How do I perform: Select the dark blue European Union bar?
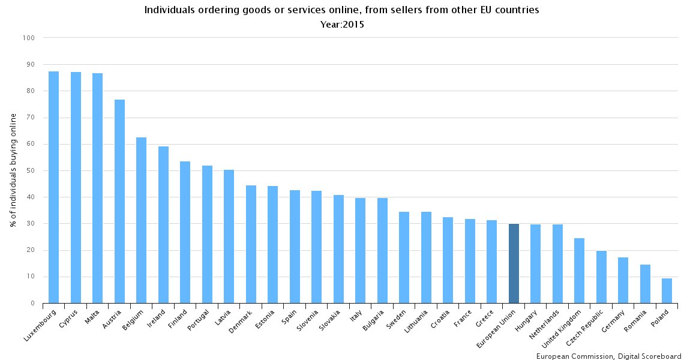coord(514,263)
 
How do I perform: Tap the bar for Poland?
coord(667,291)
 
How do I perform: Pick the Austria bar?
coord(119,202)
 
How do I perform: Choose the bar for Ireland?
coord(163,225)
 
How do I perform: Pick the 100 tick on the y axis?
coord(29,38)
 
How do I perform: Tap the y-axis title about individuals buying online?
coord(13,171)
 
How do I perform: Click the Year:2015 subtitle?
coord(341,25)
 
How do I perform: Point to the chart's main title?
coord(341,10)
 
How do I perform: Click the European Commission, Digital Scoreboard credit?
coord(607,356)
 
